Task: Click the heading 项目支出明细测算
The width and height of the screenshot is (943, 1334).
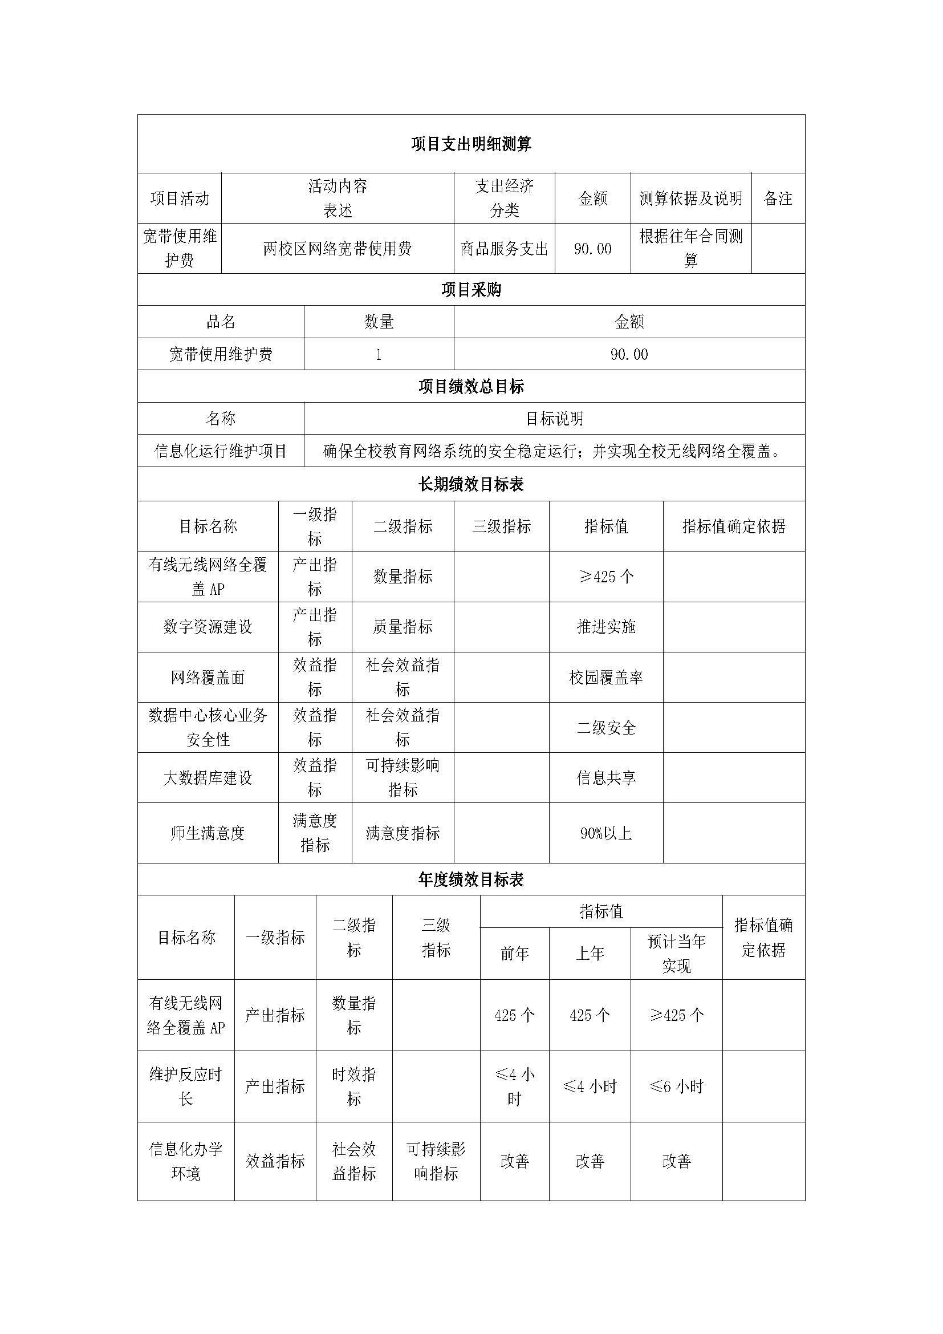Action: pyautogui.click(x=471, y=144)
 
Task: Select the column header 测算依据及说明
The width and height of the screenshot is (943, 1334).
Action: pyautogui.click(x=690, y=198)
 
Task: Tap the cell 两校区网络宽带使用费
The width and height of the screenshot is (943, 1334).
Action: pyautogui.click(x=338, y=249)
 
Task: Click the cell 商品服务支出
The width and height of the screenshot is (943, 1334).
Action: pyautogui.click(x=504, y=249)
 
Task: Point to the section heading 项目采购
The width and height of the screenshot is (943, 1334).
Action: pyautogui.click(x=471, y=290)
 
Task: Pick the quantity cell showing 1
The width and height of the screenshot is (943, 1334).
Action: pyautogui.click(x=379, y=354)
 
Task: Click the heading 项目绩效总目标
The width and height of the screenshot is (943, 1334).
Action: pyautogui.click(x=471, y=386)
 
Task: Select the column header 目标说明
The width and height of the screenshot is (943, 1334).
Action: pyautogui.click(x=554, y=419)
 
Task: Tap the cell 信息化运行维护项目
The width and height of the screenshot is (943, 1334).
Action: pyautogui.click(x=221, y=451)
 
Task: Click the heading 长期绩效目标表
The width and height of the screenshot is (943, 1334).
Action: pyautogui.click(x=471, y=485)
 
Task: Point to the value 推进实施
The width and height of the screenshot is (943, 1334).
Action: pyautogui.click(x=605, y=627)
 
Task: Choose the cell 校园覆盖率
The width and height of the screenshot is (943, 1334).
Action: pyautogui.click(x=605, y=678)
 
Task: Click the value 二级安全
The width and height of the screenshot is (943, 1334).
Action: pyautogui.click(x=605, y=728)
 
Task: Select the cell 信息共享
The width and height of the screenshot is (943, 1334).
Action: pyautogui.click(x=605, y=778)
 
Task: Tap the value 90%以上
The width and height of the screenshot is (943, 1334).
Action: pyautogui.click(x=605, y=833)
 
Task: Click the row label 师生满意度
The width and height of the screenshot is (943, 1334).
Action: pyautogui.click(x=208, y=833)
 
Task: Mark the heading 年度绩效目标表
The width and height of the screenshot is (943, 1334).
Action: pyautogui.click(x=471, y=879)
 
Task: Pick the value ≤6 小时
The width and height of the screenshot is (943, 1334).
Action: pyautogui.click(x=676, y=1086)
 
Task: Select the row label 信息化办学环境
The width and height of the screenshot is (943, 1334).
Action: pyautogui.click(x=186, y=1161)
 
